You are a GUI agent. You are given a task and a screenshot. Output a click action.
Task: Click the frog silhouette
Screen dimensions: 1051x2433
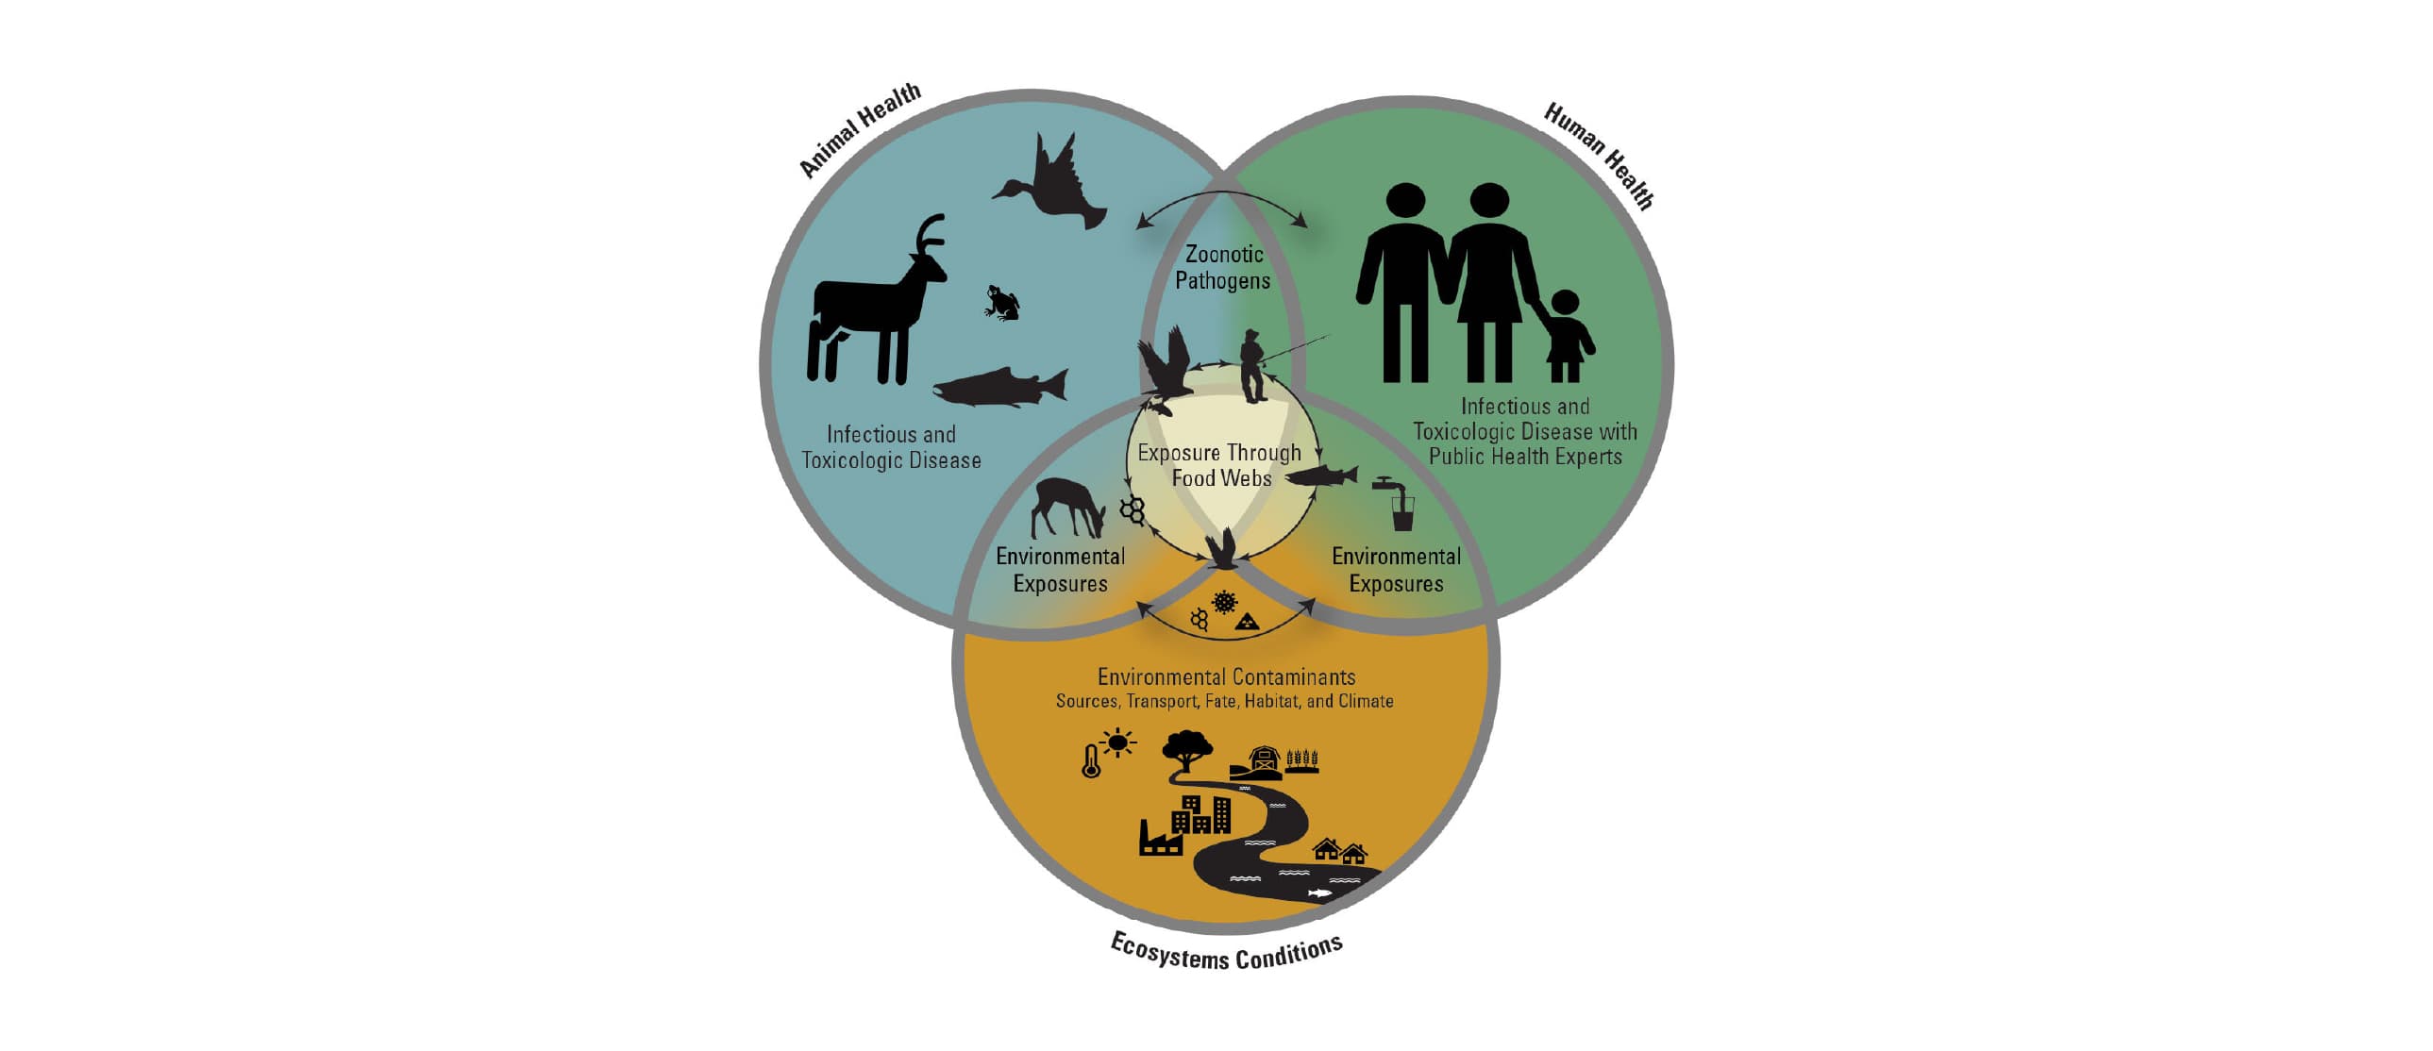1002,303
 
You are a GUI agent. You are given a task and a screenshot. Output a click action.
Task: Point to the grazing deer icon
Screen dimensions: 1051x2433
1067,508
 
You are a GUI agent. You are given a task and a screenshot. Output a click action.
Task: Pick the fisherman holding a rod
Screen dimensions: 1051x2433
1253,366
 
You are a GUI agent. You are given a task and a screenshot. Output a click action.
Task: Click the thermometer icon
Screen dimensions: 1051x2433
1091,761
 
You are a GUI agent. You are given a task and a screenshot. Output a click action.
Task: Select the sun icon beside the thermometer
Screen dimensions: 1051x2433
1118,743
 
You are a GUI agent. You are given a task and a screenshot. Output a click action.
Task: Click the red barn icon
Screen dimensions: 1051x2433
1263,760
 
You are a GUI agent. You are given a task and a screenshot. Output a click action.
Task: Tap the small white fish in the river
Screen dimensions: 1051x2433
1318,893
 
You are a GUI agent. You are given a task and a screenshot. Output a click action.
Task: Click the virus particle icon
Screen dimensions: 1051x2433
1225,602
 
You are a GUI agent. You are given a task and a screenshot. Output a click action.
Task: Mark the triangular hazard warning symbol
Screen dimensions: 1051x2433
1248,622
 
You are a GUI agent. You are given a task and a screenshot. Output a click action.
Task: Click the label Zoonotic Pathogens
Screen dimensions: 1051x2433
1223,267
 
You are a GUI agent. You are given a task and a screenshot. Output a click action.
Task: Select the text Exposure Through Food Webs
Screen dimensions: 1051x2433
1220,465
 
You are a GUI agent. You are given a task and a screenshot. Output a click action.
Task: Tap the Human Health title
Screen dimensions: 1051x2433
1599,157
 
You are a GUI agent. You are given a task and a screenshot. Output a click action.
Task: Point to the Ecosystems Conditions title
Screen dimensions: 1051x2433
1227,952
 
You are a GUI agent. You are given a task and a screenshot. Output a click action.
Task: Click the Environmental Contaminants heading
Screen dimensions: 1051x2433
1226,677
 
